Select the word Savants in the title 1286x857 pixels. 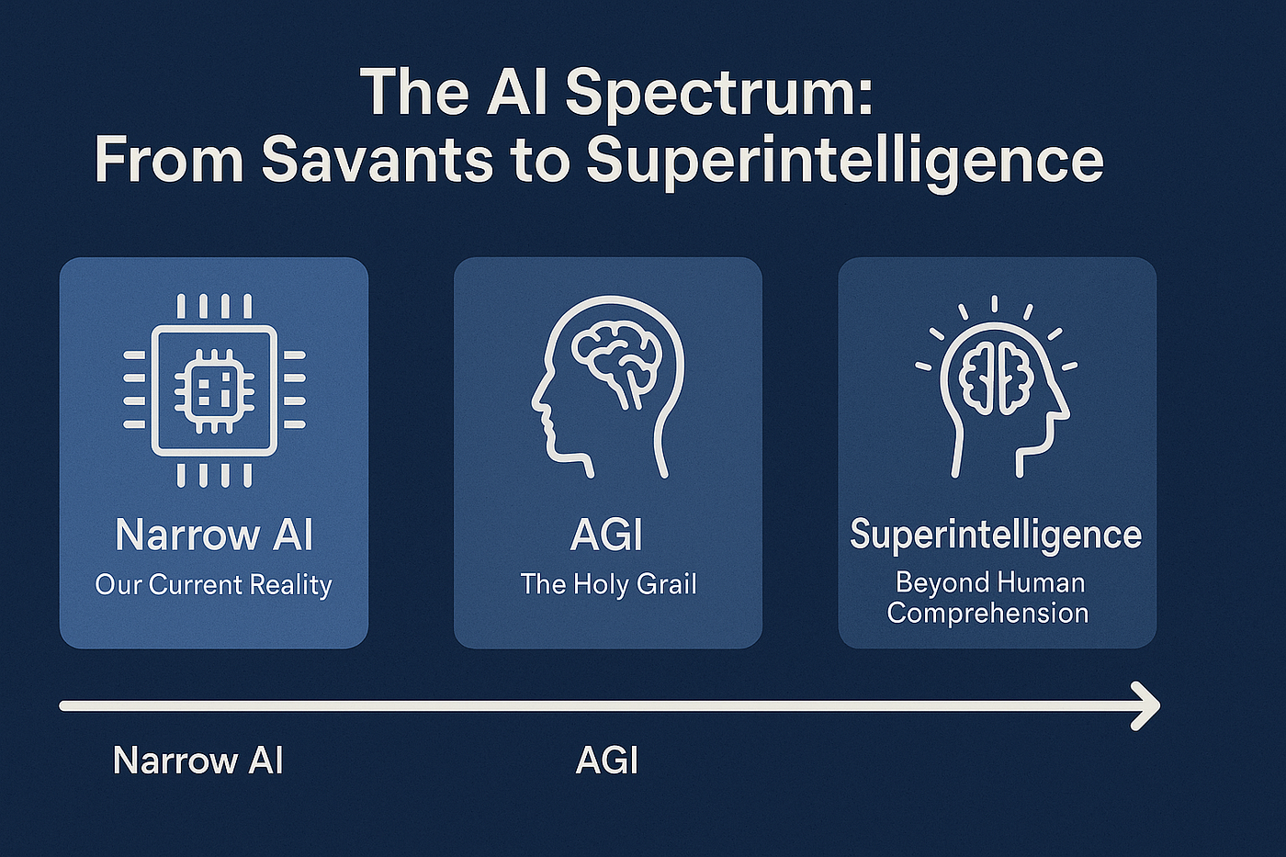click(x=377, y=159)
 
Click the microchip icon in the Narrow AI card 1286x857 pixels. click(x=214, y=390)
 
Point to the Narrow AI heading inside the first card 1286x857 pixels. click(x=214, y=535)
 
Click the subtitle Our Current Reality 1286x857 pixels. click(x=213, y=585)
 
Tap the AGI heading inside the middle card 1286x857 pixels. click(x=606, y=535)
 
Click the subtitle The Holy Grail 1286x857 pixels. click(x=608, y=584)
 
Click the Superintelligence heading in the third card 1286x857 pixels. click(x=996, y=535)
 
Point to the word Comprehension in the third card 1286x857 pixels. click(x=987, y=613)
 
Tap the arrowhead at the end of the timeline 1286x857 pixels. click(x=1145, y=705)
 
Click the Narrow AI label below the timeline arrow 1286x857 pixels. click(x=197, y=761)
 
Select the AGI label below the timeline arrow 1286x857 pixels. click(x=606, y=761)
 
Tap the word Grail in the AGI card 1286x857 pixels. click(x=667, y=584)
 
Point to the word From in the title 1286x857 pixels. click(x=169, y=159)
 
